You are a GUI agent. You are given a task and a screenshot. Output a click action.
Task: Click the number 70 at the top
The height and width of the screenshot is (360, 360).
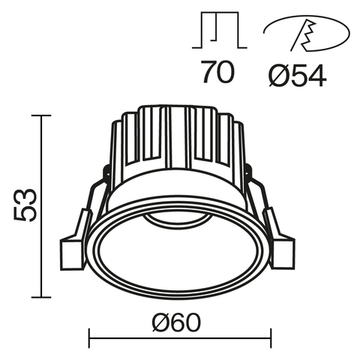click(217, 73)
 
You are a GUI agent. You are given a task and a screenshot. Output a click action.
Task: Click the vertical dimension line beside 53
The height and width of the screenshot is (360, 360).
click(42, 202)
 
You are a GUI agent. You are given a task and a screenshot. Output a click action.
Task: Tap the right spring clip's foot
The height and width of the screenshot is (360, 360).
click(282, 251)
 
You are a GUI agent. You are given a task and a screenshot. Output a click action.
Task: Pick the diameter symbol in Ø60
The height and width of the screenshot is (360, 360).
click(160, 324)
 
